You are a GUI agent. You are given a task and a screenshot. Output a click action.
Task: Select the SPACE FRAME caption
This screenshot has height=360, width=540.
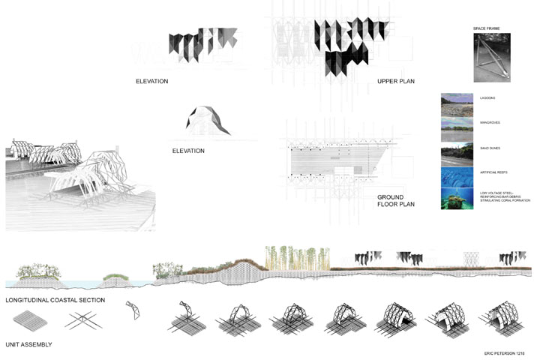488,28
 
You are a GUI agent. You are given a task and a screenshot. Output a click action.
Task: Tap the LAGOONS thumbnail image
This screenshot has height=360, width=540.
457,103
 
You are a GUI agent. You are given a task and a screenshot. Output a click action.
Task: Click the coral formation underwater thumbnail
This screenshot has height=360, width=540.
457,199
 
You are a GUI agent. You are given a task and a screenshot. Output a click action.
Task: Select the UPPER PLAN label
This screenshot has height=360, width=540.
397,81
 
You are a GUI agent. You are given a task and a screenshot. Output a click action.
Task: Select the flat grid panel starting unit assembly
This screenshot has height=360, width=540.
30,320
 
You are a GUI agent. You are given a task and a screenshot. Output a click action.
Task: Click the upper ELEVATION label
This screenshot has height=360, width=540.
151,81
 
